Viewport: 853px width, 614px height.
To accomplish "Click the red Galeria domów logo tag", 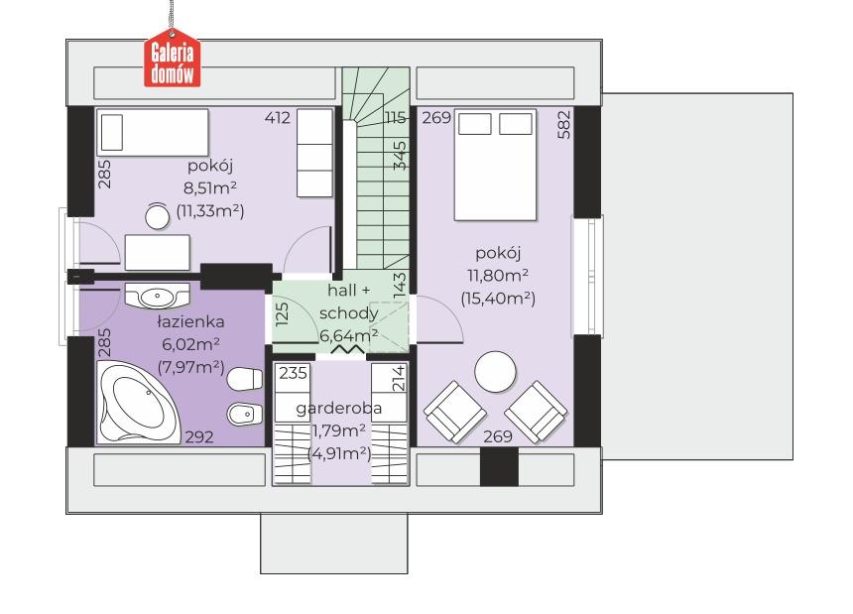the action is point(172,63).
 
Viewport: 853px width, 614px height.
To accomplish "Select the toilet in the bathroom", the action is point(244,379).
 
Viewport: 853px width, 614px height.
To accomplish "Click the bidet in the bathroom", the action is point(244,415).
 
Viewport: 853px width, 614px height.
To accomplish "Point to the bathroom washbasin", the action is point(158,295).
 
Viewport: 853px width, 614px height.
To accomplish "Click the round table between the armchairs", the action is point(495,373).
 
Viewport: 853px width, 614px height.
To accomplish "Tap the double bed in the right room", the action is point(495,165).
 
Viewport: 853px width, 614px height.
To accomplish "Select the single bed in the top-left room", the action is point(153,132).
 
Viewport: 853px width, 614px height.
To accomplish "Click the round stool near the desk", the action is point(158,216).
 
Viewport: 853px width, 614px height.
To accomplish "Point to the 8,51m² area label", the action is point(210,188).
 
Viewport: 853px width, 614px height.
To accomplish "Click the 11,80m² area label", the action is point(498,275).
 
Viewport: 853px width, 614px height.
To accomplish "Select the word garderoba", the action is point(338,408).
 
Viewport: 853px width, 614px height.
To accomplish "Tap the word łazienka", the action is point(190,321).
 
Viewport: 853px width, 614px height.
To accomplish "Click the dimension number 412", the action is point(278,117).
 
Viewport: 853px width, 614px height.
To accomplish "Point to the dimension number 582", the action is point(564,125).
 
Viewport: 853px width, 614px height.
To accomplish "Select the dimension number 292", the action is point(199,436).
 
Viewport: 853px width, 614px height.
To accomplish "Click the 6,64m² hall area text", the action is point(349,335).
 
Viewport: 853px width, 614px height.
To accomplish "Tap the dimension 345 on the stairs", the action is point(400,156).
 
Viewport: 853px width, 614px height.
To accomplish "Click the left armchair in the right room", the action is point(455,411).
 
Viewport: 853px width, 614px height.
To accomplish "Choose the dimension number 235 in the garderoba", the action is point(294,373).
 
